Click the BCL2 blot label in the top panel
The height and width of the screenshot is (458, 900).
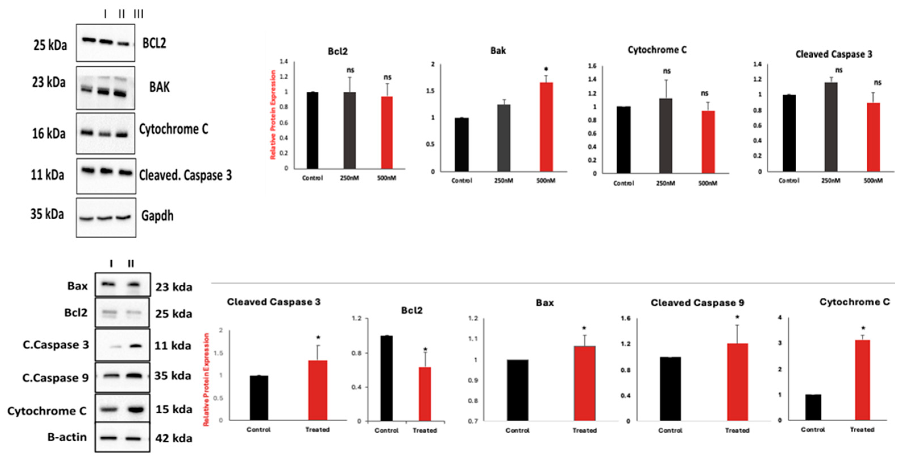point(154,43)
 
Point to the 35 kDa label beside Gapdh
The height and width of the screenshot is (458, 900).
point(47,214)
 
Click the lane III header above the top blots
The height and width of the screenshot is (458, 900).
point(138,14)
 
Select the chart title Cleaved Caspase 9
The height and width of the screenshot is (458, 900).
point(697,303)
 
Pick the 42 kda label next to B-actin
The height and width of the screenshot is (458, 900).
point(174,438)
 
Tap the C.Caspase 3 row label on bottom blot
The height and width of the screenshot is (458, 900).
point(56,345)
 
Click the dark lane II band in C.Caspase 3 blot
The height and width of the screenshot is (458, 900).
point(136,346)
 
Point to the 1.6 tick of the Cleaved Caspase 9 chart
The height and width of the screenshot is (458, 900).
point(625,318)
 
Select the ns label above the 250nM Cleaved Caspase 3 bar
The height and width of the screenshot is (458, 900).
point(839,70)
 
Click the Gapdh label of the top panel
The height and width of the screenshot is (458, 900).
point(157,216)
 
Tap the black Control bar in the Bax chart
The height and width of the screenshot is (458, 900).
point(517,390)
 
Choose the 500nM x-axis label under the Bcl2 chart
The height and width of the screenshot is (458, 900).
point(386,178)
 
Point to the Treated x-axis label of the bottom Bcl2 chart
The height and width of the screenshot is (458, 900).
point(425,430)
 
